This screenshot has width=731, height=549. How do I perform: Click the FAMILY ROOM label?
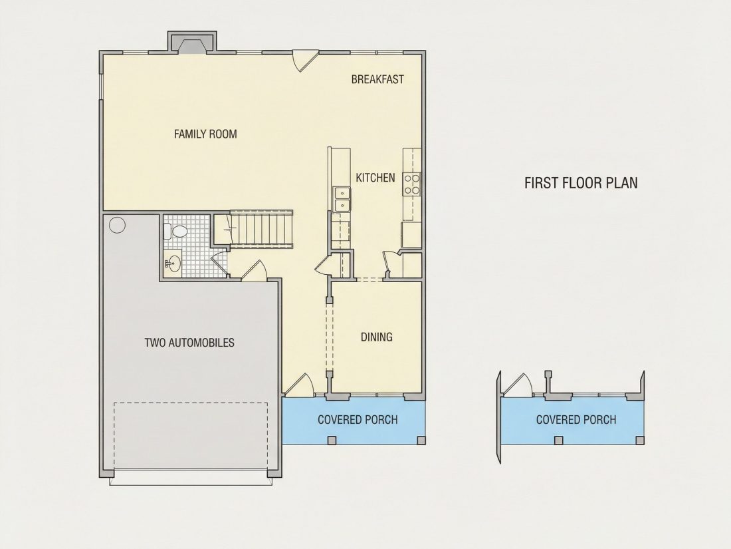coord(205,134)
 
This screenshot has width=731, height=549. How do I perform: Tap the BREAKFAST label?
coord(377,79)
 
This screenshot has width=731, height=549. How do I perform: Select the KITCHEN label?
coord(375,178)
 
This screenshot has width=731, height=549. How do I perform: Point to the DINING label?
coord(377,337)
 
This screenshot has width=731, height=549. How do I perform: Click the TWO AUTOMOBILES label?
coord(189,343)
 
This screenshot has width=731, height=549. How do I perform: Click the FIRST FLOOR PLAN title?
coord(581,183)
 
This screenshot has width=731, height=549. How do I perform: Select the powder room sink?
coord(173,264)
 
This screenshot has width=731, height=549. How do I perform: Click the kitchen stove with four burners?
coord(411,184)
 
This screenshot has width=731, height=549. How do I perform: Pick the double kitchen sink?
coord(342,200)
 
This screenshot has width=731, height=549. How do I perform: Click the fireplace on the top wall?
coord(191,43)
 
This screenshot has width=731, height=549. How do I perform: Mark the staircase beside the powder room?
coord(261,228)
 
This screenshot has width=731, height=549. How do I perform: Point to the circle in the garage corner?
coord(117,225)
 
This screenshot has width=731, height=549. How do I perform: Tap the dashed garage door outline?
coord(191,436)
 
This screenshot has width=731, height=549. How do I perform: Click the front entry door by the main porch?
coord(299,385)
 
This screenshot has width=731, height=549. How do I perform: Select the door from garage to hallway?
coord(254,271)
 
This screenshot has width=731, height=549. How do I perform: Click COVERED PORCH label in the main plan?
coord(358,420)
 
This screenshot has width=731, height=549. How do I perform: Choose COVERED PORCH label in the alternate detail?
coord(576,420)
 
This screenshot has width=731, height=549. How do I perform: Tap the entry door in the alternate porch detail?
coord(518,385)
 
